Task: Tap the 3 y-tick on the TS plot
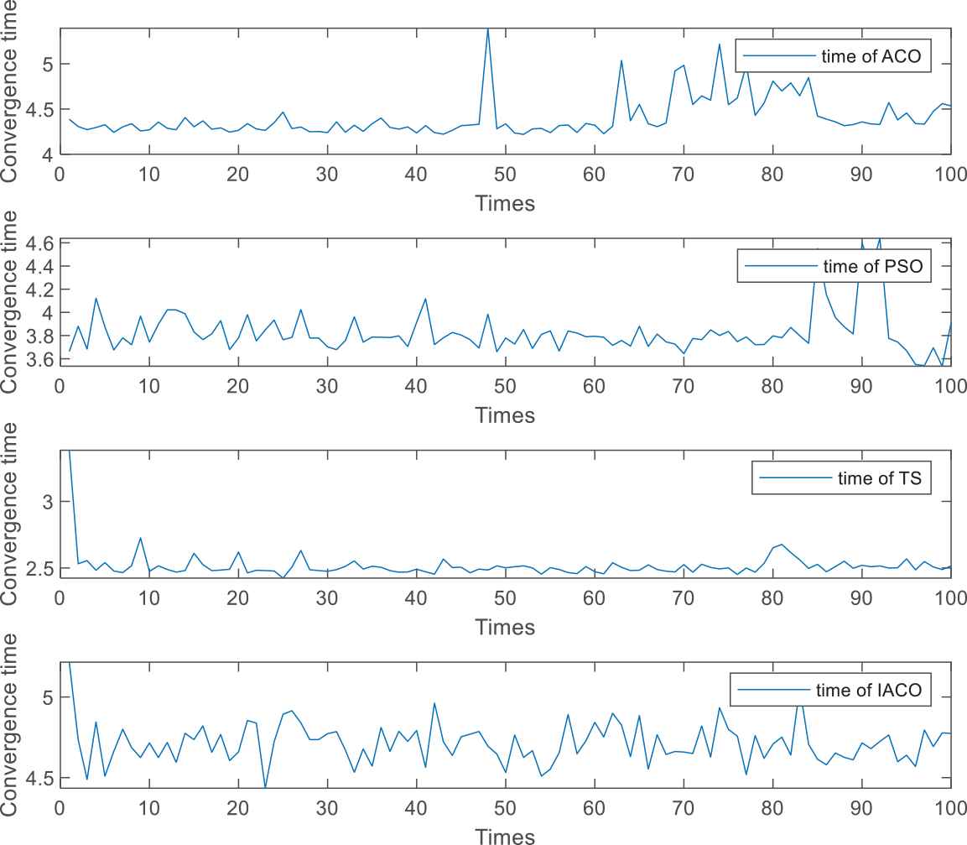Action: coord(46,501)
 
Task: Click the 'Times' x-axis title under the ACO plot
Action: coord(504,202)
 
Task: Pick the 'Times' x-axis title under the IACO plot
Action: coord(504,836)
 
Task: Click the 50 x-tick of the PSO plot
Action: coord(504,386)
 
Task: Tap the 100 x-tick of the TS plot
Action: coord(949,598)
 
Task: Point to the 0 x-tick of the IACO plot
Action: coord(60,810)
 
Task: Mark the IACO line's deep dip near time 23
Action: coord(265,788)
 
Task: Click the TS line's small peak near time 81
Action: coord(782,545)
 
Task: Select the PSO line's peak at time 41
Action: coord(425,299)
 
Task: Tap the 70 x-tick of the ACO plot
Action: coord(683,175)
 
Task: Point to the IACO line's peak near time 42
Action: coord(434,703)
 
